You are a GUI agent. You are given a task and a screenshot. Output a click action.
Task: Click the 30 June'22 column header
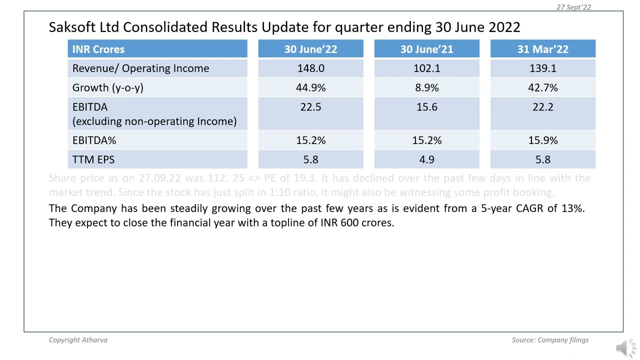tap(310, 49)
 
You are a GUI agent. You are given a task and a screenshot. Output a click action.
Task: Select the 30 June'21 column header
tap(426, 49)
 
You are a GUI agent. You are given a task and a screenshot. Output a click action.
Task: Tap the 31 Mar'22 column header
tap(542, 49)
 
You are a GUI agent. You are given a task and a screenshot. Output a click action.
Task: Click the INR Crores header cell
tap(98, 49)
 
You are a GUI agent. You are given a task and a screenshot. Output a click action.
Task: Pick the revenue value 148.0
tap(310, 68)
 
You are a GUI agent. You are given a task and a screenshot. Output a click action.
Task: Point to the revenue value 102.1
tap(426, 68)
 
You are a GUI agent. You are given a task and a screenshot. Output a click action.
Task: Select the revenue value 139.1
tap(542, 68)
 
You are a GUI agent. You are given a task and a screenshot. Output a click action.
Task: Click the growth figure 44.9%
tap(310, 87)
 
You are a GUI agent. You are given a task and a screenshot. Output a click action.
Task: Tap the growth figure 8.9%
tap(426, 87)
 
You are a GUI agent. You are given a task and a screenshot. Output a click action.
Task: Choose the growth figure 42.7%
tap(542, 87)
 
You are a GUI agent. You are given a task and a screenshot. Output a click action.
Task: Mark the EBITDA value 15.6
tap(426, 107)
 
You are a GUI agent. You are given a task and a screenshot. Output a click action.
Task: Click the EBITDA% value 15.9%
tap(542, 140)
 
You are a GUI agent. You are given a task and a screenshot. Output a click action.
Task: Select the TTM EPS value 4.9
tap(426, 159)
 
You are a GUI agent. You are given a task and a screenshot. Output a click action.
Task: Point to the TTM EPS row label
tap(93, 159)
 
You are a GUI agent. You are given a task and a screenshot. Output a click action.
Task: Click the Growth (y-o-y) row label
tap(108, 87)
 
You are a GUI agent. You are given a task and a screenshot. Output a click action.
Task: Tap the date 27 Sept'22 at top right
tap(573, 7)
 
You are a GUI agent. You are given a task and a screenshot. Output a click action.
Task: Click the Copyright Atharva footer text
tap(78, 340)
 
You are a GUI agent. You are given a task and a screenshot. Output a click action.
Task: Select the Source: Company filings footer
tap(550, 340)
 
